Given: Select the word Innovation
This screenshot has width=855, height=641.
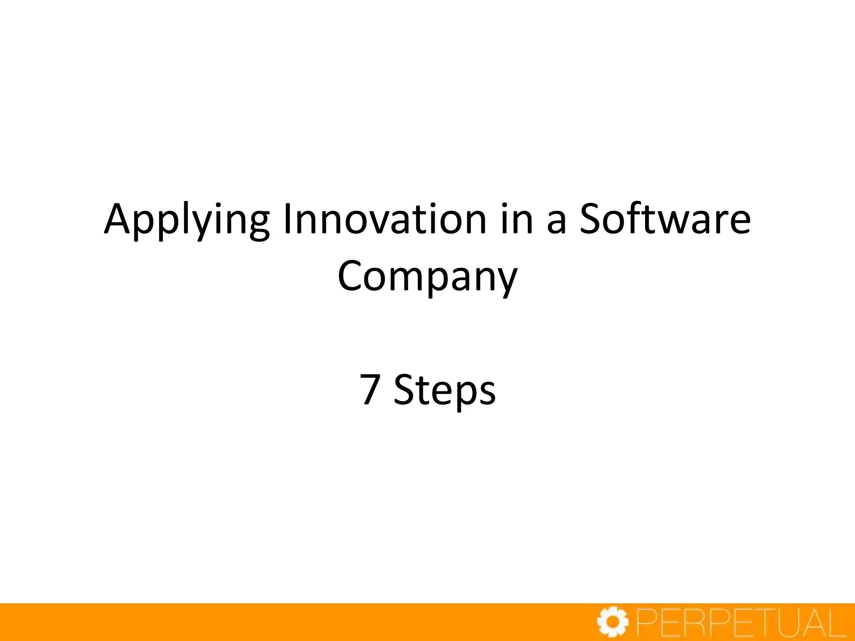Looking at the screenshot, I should click(384, 219).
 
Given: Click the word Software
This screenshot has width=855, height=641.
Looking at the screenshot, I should click(665, 219).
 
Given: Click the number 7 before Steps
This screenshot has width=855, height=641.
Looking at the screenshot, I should click(371, 389).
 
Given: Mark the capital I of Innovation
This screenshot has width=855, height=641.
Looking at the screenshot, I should click(288, 219).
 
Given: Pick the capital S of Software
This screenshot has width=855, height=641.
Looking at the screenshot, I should click(592, 219).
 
